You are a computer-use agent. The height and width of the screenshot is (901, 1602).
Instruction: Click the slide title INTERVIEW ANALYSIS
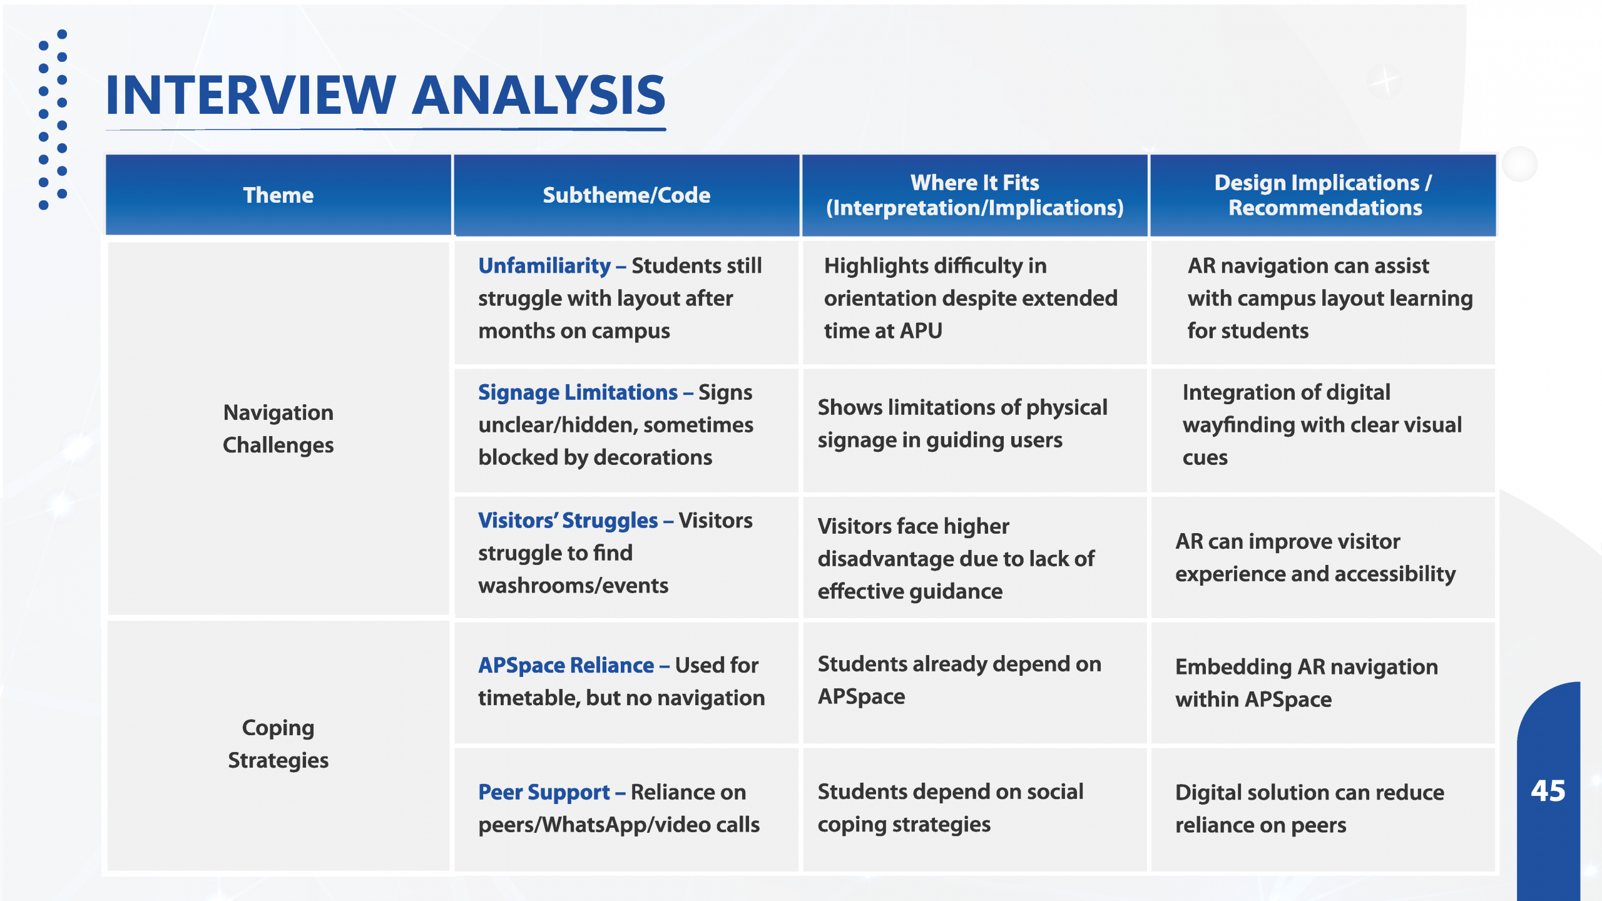click(385, 95)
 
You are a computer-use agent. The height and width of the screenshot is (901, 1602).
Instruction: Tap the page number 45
click(1548, 791)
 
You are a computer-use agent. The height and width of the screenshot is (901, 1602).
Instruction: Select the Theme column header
click(278, 195)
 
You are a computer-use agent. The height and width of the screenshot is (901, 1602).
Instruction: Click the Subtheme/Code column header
click(626, 195)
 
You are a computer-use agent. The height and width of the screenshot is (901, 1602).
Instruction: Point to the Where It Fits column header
click(974, 195)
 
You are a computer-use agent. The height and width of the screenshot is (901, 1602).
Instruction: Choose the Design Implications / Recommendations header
click(1323, 195)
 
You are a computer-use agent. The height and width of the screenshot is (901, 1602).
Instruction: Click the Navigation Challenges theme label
click(278, 429)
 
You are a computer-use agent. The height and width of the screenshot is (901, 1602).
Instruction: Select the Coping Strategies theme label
click(278, 744)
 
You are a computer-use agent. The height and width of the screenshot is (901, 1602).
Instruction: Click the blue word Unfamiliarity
click(544, 266)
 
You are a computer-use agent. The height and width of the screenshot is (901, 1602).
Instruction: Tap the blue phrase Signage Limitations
click(578, 392)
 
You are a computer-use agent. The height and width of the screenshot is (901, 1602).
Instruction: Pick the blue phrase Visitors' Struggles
click(568, 521)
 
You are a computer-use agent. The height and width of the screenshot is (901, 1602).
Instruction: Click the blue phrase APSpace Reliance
click(566, 665)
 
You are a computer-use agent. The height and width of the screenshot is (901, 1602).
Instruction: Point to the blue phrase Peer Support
click(544, 792)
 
